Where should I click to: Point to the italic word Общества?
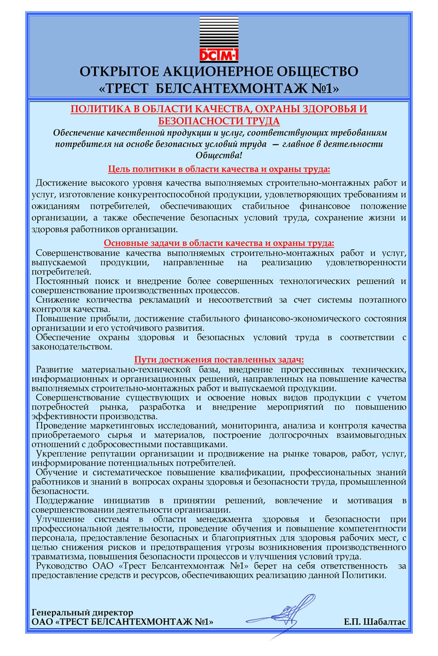tap(218, 155)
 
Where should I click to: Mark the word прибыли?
tap(102, 318)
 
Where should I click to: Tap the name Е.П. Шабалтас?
tap(374, 622)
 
